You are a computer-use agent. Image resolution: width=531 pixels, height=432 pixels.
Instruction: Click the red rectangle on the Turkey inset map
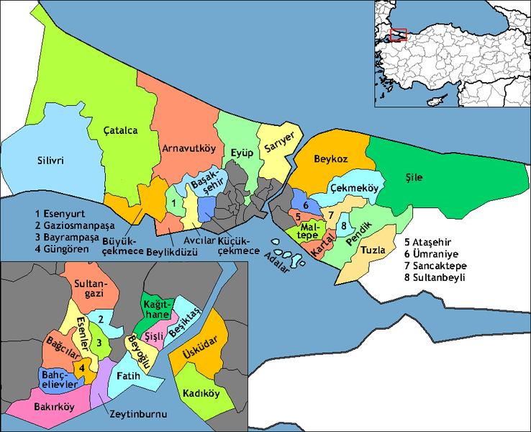pyautogui.click(x=399, y=35)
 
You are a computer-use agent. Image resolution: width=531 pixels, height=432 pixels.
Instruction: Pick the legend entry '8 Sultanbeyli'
pyautogui.click(x=435, y=277)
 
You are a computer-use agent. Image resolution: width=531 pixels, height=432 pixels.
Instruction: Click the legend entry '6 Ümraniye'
pyautogui.click(x=432, y=254)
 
